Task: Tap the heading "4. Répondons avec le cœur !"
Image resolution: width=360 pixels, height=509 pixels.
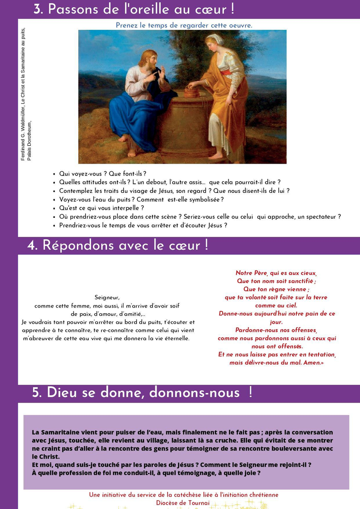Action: (x=118, y=245)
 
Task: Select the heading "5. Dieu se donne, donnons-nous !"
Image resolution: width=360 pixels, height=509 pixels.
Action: (x=142, y=392)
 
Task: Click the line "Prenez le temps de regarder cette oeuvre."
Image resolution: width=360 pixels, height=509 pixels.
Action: (x=184, y=25)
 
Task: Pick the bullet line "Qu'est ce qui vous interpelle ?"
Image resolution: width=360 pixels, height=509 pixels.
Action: (x=101, y=208)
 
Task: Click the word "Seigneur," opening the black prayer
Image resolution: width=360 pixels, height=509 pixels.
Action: (x=107, y=297)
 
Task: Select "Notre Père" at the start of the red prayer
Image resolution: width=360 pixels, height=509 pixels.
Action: (x=251, y=273)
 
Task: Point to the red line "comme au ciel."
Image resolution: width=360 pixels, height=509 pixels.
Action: (x=276, y=306)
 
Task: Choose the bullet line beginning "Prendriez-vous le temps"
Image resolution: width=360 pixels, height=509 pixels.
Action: (x=143, y=225)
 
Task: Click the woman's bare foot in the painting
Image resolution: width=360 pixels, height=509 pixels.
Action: (x=218, y=155)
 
